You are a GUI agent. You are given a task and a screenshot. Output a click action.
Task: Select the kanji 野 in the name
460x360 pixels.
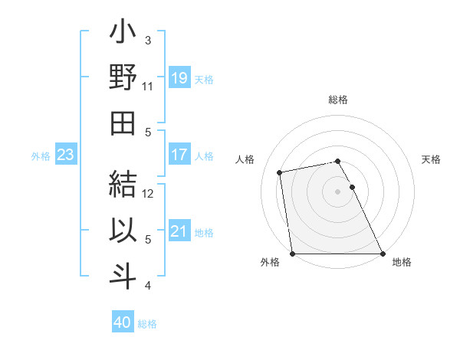[x=123, y=78]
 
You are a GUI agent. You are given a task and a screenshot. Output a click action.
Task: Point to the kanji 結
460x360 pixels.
[x=123, y=186]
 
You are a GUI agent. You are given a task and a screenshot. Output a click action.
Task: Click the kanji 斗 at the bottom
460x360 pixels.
[x=123, y=276]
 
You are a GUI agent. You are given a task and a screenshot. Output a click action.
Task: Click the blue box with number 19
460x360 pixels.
[x=179, y=78]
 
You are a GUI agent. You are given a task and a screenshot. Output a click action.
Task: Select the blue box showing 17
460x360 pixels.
[x=179, y=155]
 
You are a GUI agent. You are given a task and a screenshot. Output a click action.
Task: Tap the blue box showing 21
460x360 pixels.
[x=179, y=231]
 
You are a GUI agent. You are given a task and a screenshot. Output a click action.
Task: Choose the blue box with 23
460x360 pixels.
[x=65, y=155]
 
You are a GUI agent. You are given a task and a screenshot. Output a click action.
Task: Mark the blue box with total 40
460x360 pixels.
[x=122, y=322]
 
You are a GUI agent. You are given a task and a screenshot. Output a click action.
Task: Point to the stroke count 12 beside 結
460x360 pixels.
[x=149, y=194]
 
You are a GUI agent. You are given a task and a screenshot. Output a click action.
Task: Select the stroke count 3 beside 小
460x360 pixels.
[x=147, y=41]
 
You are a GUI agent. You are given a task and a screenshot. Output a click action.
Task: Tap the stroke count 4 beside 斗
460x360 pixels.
[x=147, y=286]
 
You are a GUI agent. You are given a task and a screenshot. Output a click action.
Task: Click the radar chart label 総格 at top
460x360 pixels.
[x=337, y=100]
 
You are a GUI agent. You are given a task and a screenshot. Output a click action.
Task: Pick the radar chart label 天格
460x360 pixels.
[x=431, y=159]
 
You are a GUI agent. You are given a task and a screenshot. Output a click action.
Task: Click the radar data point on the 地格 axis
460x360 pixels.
[x=383, y=253]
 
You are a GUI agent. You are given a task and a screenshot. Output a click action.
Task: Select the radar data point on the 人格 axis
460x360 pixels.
[x=280, y=172]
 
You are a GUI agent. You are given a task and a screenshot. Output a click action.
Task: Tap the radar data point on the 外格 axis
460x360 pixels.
[x=293, y=253]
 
